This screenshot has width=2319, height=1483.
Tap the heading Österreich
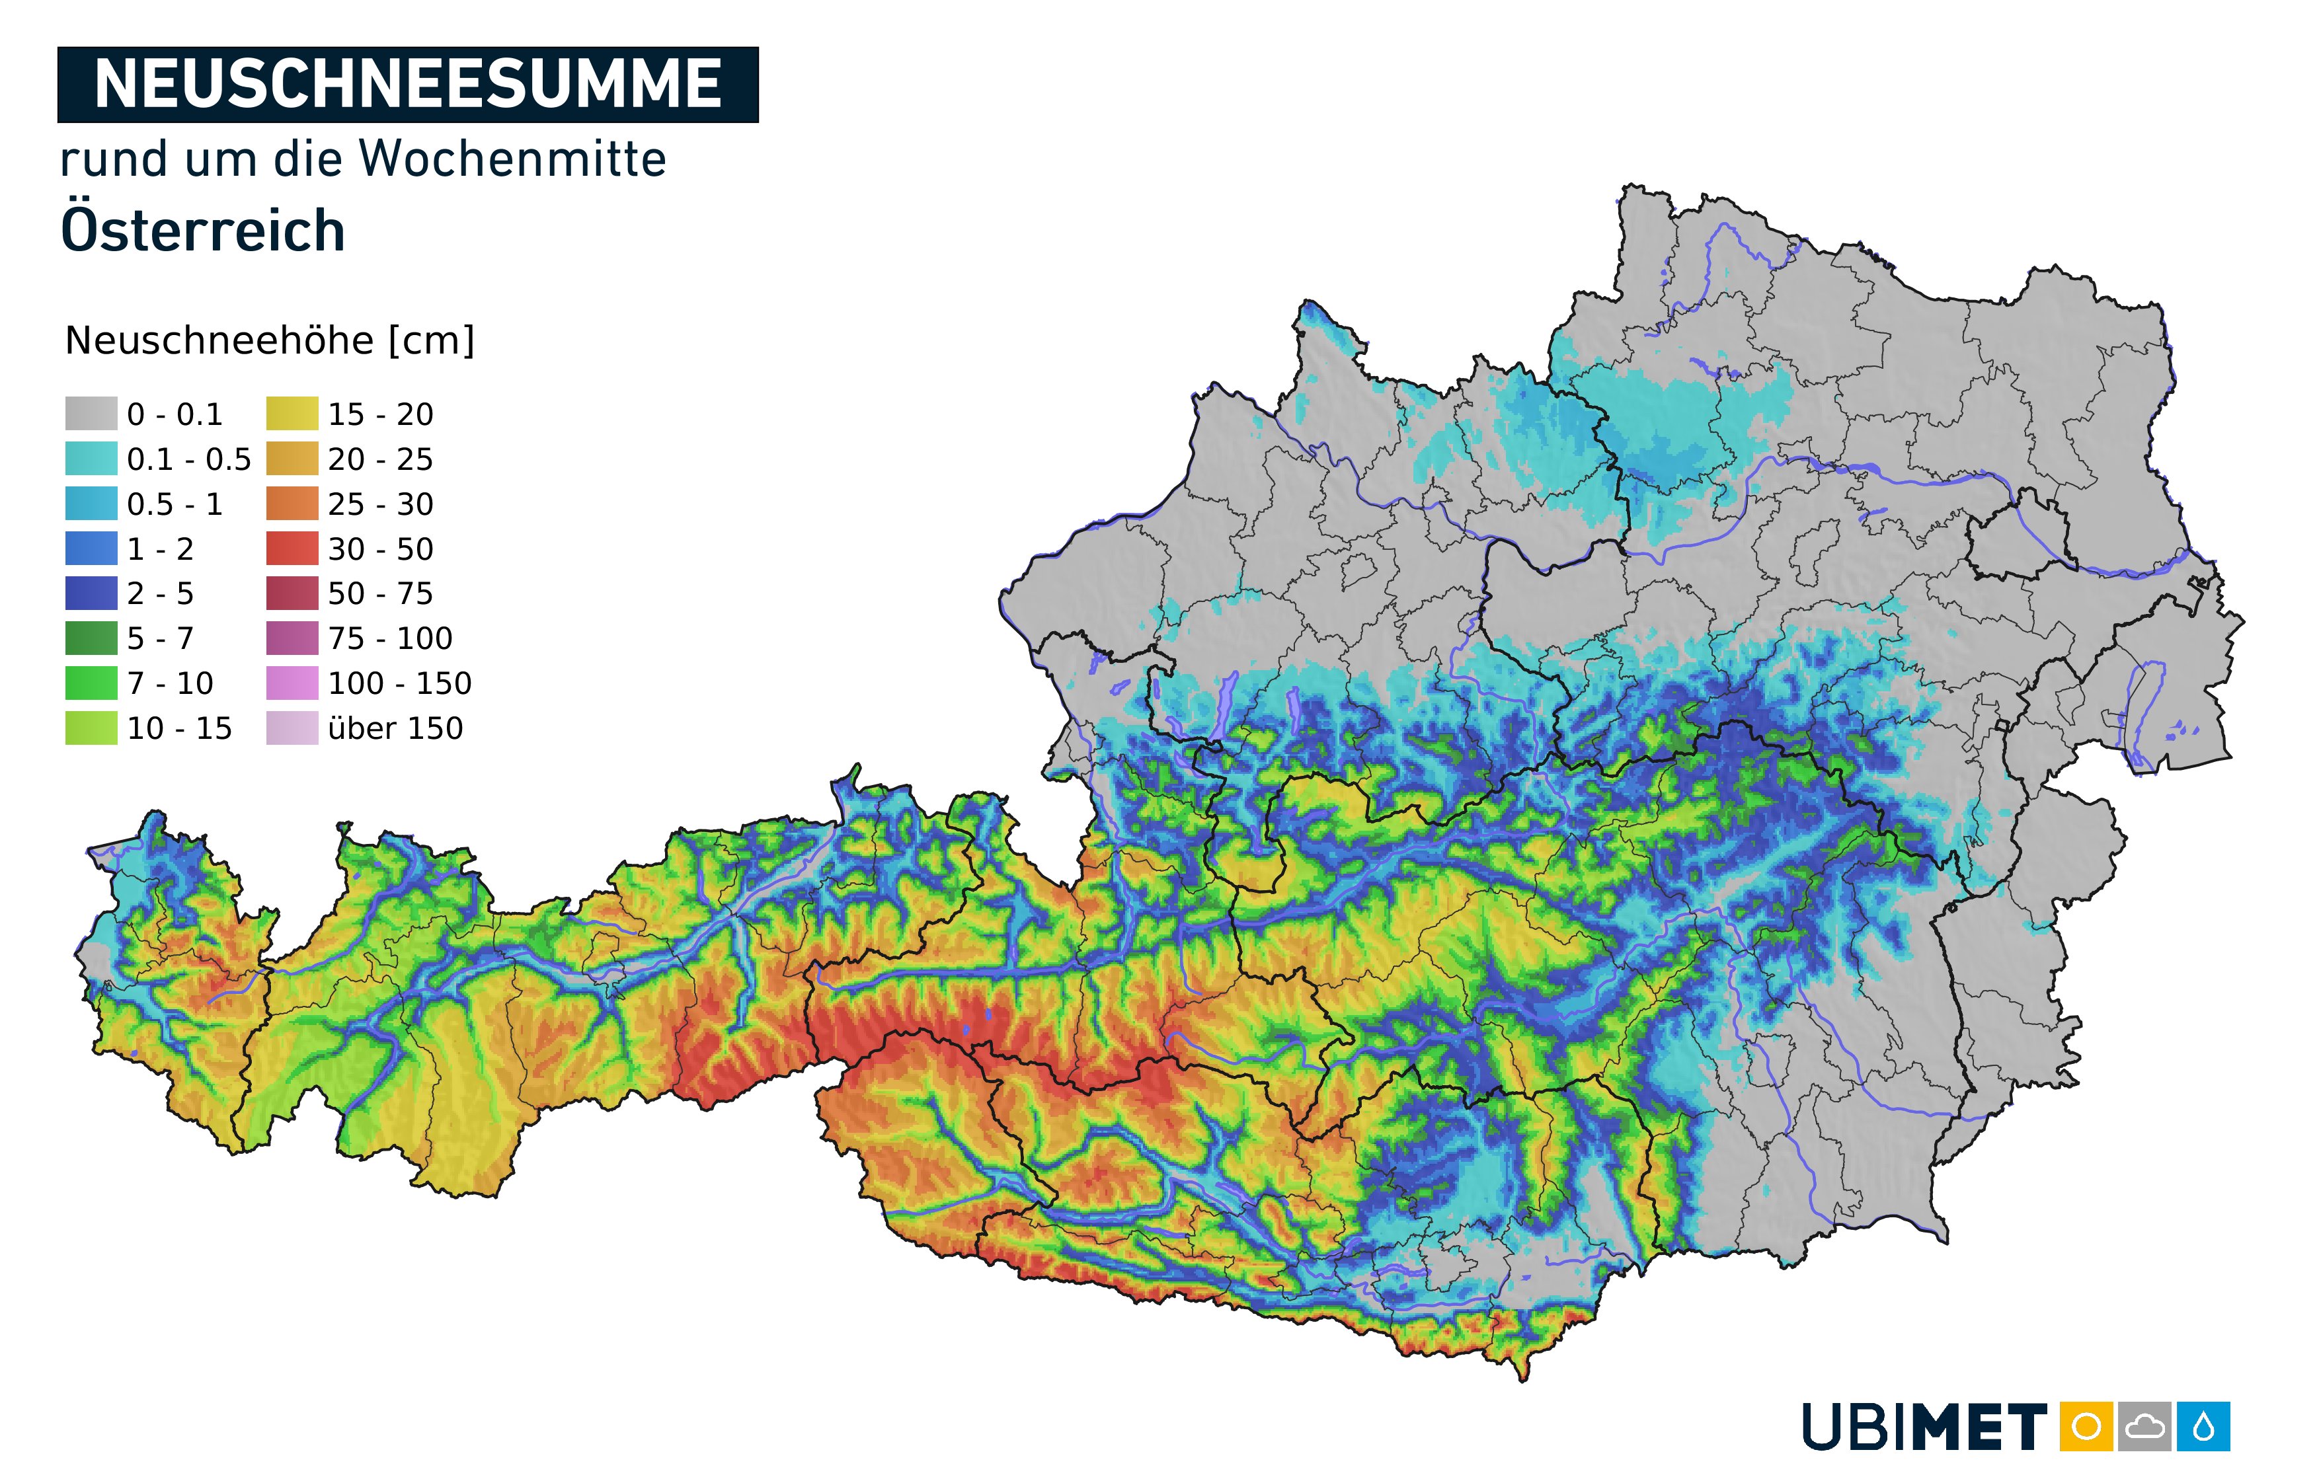pos(202,231)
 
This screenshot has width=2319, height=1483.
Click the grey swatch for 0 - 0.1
pos(91,414)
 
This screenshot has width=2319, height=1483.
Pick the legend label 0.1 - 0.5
pos(189,459)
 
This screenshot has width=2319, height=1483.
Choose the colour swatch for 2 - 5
pos(91,593)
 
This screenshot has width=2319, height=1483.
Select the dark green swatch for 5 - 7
pos(91,638)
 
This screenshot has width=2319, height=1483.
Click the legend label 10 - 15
pos(179,729)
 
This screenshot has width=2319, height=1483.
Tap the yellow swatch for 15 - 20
pos(292,414)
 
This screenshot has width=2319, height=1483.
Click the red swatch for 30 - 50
pos(292,549)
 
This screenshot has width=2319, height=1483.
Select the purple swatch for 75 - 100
pos(292,638)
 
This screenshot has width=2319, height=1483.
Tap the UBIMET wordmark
pos(1924,1427)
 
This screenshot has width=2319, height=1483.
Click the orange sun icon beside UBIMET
pos(2086,1426)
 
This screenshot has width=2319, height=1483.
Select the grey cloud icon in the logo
pos(2144,1426)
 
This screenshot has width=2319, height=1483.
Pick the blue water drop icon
pos(2203,1426)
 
